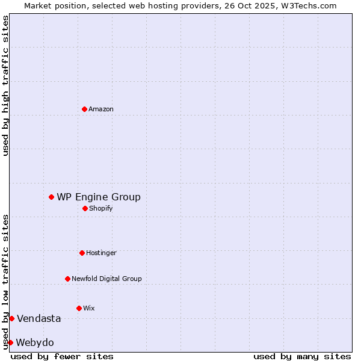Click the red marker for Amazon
click(x=84, y=109)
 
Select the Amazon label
click(x=101, y=109)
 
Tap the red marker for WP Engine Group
click(x=51, y=197)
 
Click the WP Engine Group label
click(x=99, y=197)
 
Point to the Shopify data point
click(x=85, y=208)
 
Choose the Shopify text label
click(x=101, y=208)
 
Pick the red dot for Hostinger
click(x=82, y=253)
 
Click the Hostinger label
click(x=101, y=253)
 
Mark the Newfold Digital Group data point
click(x=67, y=279)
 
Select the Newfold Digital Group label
click(x=106, y=279)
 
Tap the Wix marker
click(x=79, y=308)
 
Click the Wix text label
click(x=89, y=308)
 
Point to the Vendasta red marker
click(x=11, y=318)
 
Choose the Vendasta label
click(x=39, y=318)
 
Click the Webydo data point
click(x=10, y=342)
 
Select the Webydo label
click(x=35, y=342)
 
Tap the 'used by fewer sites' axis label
click(x=62, y=356)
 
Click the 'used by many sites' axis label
click(x=302, y=356)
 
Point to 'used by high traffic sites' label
click(x=5, y=85)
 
